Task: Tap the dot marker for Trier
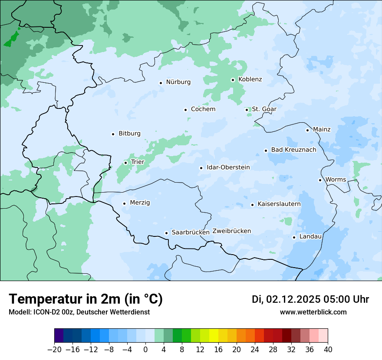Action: [125, 163]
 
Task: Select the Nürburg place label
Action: [178, 82]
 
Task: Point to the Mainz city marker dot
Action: [307, 130]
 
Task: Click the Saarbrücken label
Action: [191, 232]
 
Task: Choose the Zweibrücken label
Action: [231, 231]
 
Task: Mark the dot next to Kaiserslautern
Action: [252, 205]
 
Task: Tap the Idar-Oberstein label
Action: [228, 167]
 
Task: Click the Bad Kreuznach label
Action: [293, 150]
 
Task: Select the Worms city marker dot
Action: [320, 180]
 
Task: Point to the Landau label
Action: [310, 237]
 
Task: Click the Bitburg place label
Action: [129, 134]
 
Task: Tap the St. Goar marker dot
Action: [247, 110]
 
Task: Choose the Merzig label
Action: [140, 203]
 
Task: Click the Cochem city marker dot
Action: [185, 110]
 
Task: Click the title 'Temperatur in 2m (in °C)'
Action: [86, 299]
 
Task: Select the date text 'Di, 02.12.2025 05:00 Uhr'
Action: [310, 299]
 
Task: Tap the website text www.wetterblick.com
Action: [313, 312]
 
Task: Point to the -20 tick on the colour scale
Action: [55, 350]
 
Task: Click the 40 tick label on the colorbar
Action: [328, 350]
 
